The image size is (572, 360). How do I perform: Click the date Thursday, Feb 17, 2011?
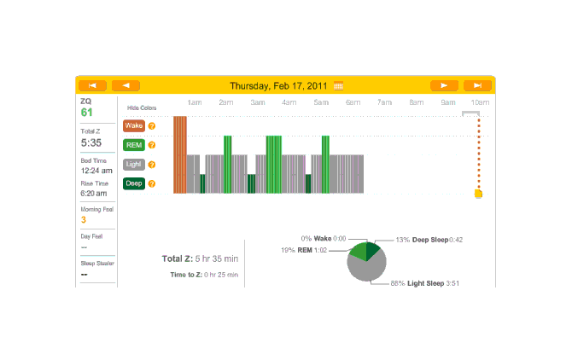click(280, 85)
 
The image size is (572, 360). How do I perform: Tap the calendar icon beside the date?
click(339, 85)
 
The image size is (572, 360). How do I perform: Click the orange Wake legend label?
click(134, 125)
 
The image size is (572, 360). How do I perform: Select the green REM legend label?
click(134, 145)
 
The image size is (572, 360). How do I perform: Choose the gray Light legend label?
click(134, 164)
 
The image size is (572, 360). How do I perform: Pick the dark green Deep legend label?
click(134, 183)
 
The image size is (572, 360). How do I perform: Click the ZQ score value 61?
click(87, 113)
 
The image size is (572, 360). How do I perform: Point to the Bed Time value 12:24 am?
click(96, 170)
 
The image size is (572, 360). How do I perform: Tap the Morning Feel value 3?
click(84, 220)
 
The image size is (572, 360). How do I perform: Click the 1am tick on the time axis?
click(194, 102)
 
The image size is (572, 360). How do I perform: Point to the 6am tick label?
click(353, 102)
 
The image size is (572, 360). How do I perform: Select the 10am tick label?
click(480, 102)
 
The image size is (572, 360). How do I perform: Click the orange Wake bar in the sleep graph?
click(179, 154)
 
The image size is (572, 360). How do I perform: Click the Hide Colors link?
click(142, 108)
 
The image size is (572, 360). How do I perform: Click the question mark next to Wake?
click(152, 125)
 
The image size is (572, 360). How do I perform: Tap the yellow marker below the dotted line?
click(478, 195)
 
